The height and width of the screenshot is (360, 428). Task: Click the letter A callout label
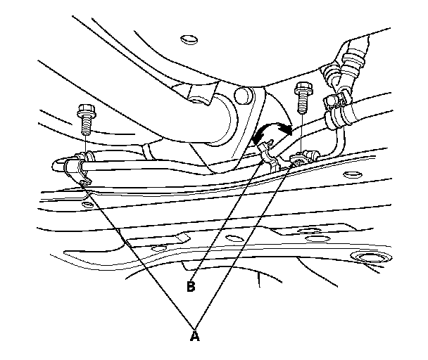[195, 337]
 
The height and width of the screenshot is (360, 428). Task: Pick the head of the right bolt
[304, 89]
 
